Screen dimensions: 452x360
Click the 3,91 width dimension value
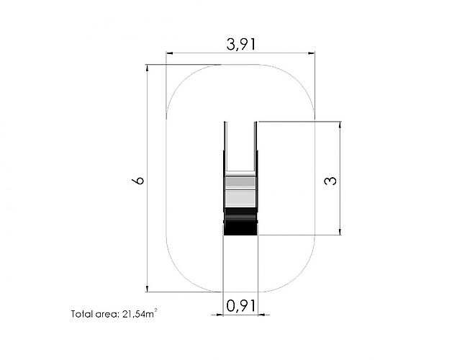click(240, 45)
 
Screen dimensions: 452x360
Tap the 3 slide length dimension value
click(330, 181)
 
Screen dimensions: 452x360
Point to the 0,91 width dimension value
click(241, 306)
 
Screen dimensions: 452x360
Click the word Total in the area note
click(82, 314)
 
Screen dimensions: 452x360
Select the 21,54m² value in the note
click(140, 313)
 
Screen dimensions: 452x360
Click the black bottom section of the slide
click(240, 221)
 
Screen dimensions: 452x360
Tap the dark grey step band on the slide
click(240, 182)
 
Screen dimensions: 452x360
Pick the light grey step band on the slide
click(240, 198)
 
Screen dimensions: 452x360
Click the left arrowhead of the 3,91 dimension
click(169, 53)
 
